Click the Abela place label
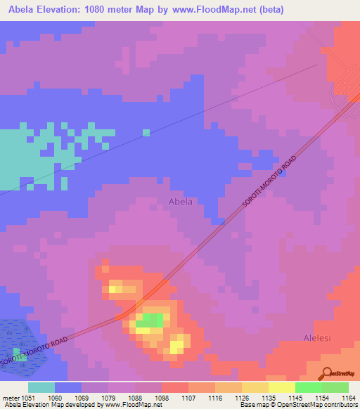coord(181,202)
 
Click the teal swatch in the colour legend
coord(41,387)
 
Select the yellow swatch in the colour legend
coord(281,387)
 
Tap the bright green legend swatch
coord(308,387)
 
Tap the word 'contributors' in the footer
coord(340,405)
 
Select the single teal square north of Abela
coord(146,132)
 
